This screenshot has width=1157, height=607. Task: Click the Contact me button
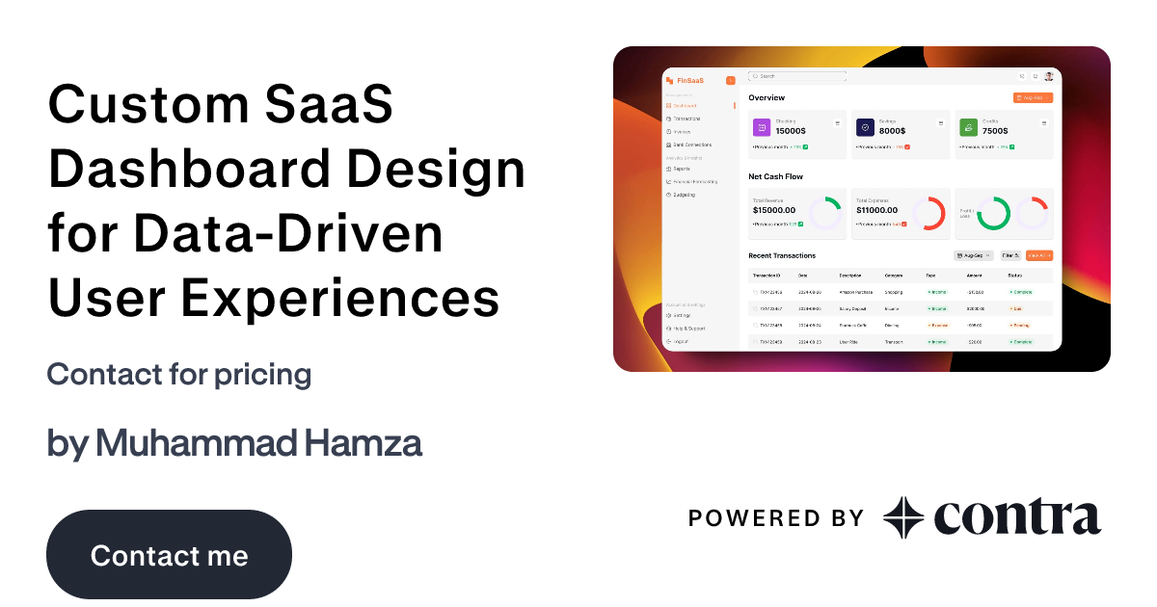click(169, 556)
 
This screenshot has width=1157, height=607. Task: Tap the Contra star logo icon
click(903, 518)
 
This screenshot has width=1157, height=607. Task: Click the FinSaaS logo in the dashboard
click(687, 80)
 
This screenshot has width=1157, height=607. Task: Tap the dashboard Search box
click(797, 75)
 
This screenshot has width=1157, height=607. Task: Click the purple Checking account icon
click(762, 127)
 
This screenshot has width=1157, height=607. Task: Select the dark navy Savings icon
click(865, 127)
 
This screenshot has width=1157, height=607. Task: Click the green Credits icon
click(968, 127)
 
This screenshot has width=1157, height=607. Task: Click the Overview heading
click(767, 98)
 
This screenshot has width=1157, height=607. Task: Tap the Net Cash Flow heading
click(775, 176)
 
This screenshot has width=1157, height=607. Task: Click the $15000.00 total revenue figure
click(774, 210)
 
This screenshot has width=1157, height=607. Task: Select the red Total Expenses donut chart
click(928, 213)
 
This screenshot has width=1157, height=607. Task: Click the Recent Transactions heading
click(782, 255)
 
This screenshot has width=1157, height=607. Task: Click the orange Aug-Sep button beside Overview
click(1033, 98)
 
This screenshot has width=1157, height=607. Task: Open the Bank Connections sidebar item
click(691, 145)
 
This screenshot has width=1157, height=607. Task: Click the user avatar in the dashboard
click(1048, 76)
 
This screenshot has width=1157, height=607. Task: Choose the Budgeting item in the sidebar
click(684, 195)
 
